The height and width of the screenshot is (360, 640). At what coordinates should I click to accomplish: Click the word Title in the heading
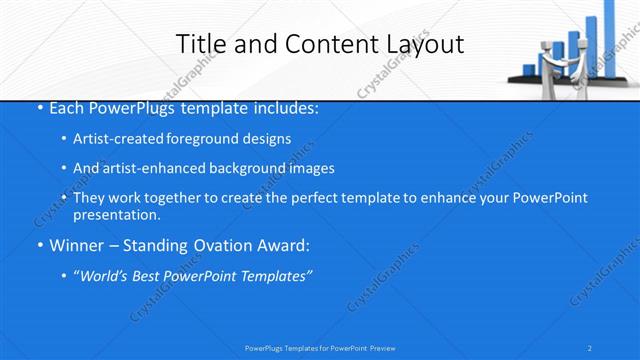click(x=200, y=44)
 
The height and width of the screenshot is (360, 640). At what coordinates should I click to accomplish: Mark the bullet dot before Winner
click(x=39, y=245)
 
